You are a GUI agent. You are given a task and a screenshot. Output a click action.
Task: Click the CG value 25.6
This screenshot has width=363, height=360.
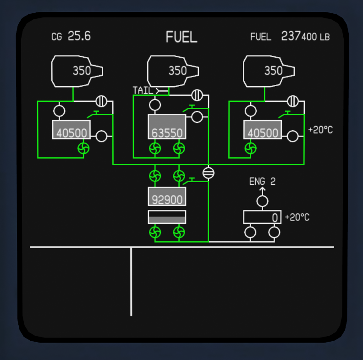[x=79, y=37]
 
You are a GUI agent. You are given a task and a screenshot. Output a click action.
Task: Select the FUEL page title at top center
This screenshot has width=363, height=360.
[x=181, y=37]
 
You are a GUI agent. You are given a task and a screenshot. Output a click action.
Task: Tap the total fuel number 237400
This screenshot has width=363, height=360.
[x=299, y=37]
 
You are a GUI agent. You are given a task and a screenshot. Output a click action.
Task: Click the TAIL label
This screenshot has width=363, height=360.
[x=143, y=90]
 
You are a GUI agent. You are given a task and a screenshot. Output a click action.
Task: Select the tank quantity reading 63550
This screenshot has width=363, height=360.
[x=167, y=133]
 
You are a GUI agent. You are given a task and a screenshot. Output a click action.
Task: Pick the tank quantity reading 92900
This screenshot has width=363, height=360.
[x=167, y=199]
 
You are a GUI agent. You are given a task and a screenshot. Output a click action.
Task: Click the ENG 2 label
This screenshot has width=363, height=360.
[x=262, y=182]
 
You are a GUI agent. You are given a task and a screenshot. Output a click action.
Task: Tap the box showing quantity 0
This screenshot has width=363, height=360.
[x=262, y=217]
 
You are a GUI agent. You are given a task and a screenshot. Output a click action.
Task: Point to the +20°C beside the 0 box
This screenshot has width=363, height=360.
[x=297, y=217]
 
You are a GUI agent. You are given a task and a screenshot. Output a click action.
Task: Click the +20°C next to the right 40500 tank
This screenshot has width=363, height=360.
[x=320, y=130]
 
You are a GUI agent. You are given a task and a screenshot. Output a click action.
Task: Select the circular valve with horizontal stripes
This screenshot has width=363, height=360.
[x=208, y=173]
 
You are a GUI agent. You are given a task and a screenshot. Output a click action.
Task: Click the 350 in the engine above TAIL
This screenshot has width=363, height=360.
[x=177, y=71]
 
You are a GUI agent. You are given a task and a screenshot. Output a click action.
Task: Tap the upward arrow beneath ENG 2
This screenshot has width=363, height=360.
[x=262, y=191]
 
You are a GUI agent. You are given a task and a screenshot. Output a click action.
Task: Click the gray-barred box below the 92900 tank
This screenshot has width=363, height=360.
[x=167, y=217]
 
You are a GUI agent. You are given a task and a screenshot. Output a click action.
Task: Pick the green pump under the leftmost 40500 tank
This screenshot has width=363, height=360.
[x=83, y=148]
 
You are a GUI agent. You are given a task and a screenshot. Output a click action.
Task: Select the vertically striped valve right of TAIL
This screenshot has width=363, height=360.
[x=197, y=95]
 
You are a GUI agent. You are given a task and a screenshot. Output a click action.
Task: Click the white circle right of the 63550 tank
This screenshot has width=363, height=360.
[x=197, y=117]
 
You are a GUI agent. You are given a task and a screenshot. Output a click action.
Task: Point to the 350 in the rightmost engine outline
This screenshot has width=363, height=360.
[x=273, y=71]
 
